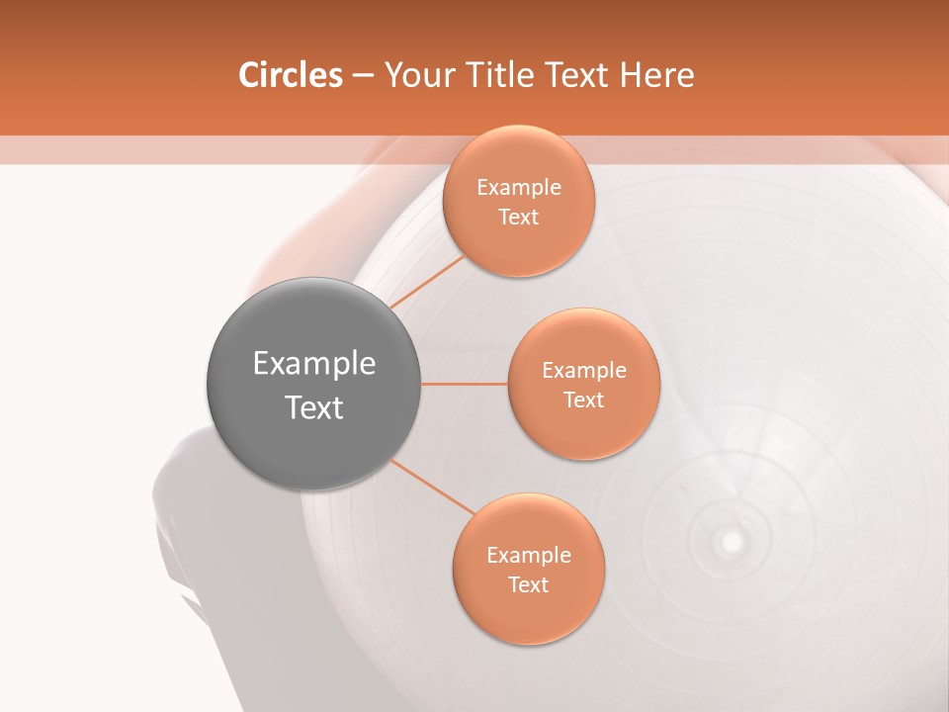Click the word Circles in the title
pos(291,75)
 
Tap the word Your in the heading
pos(419,75)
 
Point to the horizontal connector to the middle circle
pos(465,384)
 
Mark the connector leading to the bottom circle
pos(433,486)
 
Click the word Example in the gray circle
pos(313,364)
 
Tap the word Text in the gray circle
pos(313,407)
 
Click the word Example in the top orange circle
pos(519,188)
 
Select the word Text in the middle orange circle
pos(584,400)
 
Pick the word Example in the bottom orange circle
pos(529,556)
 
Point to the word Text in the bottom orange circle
pos(529,584)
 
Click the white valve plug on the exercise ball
pos(732,542)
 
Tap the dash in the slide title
pos(363,76)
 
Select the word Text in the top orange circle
pos(519,217)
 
